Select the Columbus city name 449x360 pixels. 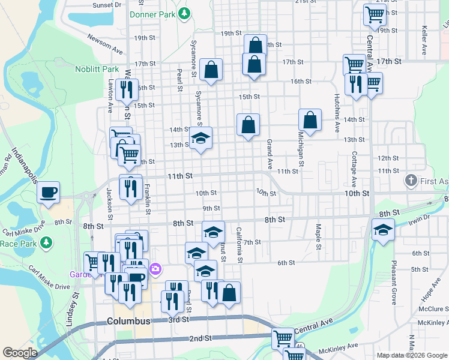coord(128,321)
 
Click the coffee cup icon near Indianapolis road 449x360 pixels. coord(48,193)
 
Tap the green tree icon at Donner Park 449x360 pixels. coord(186,13)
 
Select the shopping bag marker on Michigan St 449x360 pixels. coord(310,121)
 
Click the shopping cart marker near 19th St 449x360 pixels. coord(375,15)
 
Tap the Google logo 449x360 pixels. coord(19,353)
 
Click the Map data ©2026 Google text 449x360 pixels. coord(411,355)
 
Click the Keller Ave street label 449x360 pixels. coord(424,40)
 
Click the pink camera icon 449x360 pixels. coord(155,269)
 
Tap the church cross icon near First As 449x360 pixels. coord(411,180)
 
